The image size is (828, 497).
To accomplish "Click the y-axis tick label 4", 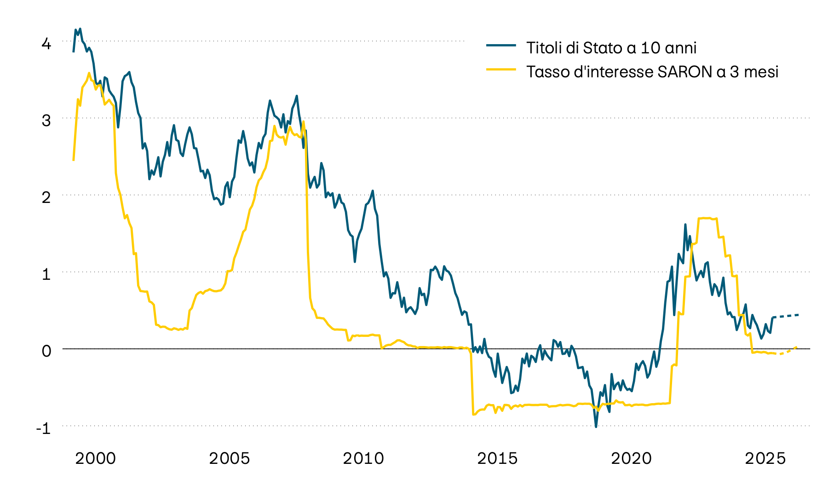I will point(46,44).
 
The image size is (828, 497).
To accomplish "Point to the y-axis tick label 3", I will point(46,121).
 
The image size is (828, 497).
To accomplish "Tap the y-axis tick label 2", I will point(46,198).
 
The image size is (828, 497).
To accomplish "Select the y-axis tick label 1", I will point(46,275).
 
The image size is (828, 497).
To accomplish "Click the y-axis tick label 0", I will point(46,352).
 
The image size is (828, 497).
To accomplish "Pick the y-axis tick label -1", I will point(43,428).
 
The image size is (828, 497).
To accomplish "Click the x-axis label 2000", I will point(96,459).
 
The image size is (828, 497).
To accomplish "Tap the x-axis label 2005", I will point(230,459).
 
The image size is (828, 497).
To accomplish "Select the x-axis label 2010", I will point(363,459).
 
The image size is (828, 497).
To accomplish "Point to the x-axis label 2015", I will point(497,459).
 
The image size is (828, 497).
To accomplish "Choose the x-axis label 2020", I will point(631,459).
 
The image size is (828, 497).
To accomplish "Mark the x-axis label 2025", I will point(765,459).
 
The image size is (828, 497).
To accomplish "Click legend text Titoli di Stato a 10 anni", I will point(611,48).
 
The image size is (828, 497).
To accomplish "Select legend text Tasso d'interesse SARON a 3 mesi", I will point(652,72).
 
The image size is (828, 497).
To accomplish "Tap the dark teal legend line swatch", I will point(501,45).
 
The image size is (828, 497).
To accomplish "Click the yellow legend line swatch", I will point(501,69).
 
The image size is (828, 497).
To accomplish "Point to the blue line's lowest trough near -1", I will point(596,427).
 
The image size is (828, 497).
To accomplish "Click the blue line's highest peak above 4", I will point(80,29).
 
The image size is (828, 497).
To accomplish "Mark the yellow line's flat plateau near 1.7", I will point(707,218).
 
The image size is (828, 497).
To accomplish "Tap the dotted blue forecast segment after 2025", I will point(787,316).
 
